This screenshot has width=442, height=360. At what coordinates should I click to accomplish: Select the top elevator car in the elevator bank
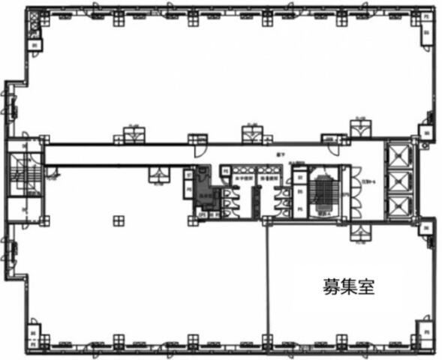(x=395, y=156)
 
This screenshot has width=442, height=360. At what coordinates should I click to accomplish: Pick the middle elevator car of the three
(x=395, y=181)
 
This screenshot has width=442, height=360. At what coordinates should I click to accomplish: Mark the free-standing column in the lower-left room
(x=118, y=220)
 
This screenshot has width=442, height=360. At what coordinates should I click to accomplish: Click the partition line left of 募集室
(x=268, y=285)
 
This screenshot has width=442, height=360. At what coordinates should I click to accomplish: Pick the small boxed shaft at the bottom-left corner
(x=32, y=331)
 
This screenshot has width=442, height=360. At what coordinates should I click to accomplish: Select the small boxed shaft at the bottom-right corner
(x=424, y=331)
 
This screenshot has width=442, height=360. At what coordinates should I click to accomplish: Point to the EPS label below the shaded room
(x=202, y=214)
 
